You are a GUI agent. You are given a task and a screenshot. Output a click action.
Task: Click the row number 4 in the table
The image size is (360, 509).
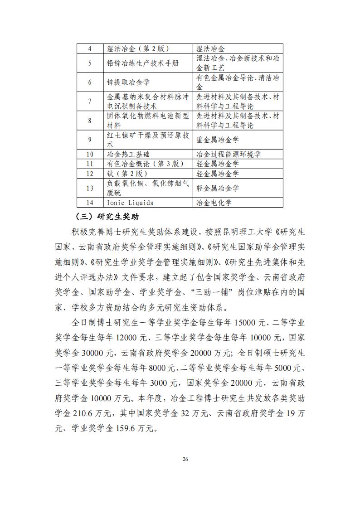tap(89, 48)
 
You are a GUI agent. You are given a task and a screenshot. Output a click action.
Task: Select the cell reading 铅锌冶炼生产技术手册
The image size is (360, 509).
tap(142, 63)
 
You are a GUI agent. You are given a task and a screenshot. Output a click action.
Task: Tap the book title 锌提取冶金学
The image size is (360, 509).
tap(128, 82)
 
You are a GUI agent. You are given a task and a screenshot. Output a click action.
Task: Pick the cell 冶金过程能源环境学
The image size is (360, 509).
tap(228, 154)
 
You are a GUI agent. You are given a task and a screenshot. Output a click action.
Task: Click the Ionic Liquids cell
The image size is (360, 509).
tap(130, 203)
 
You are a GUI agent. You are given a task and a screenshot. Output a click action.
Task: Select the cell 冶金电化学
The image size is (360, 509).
tap(214, 203)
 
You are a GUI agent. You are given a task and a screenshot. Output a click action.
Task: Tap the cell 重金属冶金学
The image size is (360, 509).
tap(217, 140)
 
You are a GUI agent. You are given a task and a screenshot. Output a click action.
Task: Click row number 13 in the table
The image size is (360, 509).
tap(89, 188)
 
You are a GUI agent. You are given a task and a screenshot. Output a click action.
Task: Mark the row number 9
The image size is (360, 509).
tap(89, 140)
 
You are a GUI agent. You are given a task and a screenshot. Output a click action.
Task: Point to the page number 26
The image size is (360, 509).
tap(185, 459)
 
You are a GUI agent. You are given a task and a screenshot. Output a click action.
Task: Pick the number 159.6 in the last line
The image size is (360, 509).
tap(132, 427)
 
